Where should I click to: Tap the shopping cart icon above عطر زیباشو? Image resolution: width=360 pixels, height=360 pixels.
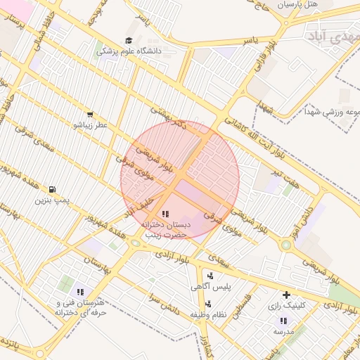click(89, 114)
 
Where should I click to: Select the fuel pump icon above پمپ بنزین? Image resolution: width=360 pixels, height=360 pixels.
click(52, 189)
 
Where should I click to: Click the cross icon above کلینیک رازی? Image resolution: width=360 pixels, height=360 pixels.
click(285, 295)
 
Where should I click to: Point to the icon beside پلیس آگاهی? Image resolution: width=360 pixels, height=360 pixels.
click(210, 276)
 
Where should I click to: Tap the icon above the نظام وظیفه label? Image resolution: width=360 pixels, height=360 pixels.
click(209, 304)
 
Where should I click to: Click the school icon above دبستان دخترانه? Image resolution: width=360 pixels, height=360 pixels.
click(165, 213)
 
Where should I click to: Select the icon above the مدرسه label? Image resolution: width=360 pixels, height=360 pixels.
click(283, 320)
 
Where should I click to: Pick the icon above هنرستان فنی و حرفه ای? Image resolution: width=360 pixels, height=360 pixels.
click(80, 291)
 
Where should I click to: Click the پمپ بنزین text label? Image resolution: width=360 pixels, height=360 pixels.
click(52, 200)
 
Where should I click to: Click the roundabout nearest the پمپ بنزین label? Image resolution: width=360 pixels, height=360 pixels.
click(135, 243)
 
